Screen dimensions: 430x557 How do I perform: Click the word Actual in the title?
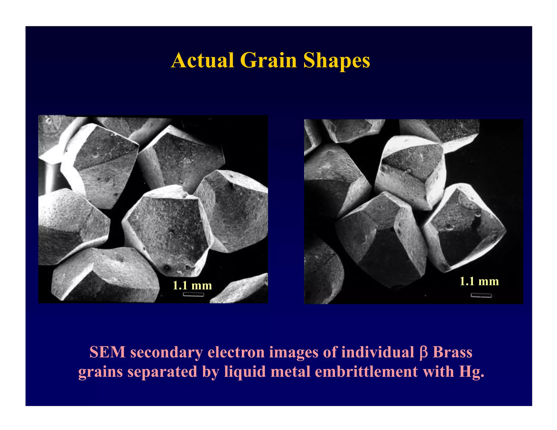tap(203, 60)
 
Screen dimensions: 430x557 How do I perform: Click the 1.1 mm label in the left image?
tap(192, 285)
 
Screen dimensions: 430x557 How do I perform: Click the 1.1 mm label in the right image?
tap(479, 281)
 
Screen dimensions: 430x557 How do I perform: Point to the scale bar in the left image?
tap(193, 294)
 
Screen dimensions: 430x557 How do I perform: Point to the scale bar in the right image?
tap(481, 295)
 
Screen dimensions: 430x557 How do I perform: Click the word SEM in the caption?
tap(107, 352)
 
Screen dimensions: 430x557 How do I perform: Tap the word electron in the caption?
tap(236, 352)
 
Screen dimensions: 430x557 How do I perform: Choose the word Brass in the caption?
tap(452, 352)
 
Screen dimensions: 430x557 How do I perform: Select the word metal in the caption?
tap(290, 372)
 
